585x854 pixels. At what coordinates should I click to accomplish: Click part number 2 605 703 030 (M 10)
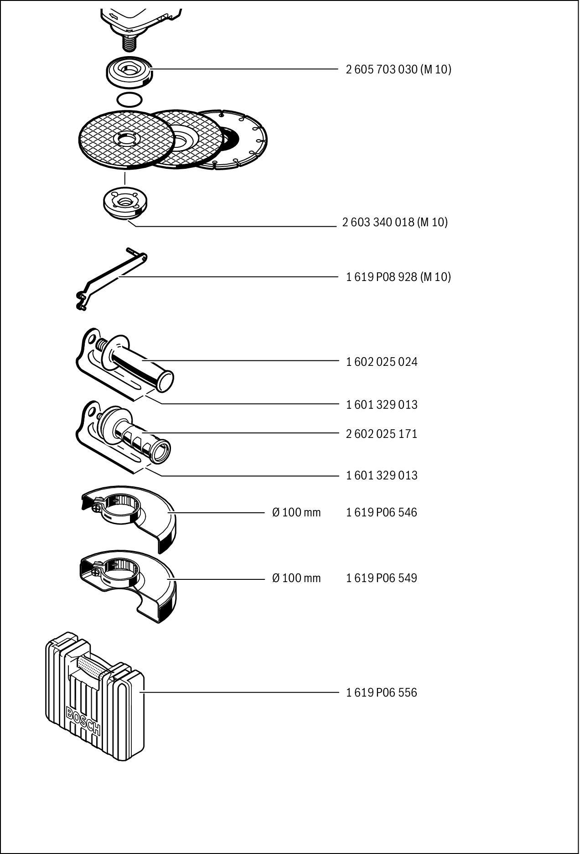coord(398,70)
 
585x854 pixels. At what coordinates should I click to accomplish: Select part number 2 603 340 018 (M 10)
coord(395,223)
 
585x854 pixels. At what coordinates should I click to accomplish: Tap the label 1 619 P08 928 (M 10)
coord(398,277)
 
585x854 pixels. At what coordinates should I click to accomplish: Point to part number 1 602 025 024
coord(382,362)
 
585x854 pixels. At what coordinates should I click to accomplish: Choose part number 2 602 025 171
coord(382,434)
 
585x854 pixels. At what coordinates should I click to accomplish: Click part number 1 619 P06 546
coord(382,513)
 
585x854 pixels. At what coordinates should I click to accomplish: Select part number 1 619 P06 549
coord(382,578)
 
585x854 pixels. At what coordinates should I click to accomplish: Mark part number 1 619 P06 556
coord(382,693)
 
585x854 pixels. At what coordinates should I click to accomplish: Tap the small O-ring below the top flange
coord(129,99)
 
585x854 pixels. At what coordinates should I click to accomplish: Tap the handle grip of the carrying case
coord(91,667)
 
